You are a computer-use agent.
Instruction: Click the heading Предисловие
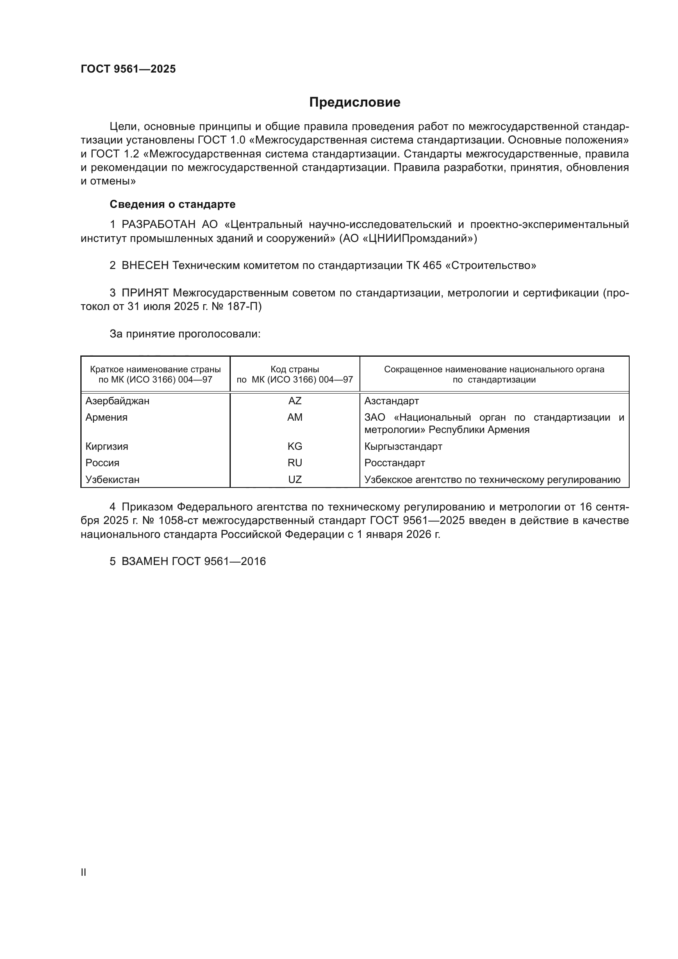click(x=355, y=103)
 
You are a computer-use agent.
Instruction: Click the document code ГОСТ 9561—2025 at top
click(x=128, y=69)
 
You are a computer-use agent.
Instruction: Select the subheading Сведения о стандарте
click(x=173, y=204)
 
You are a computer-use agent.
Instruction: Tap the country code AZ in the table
click(x=295, y=401)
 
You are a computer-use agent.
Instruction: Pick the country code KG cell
click(x=295, y=446)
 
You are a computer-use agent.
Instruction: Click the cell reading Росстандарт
click(x=394, y=463)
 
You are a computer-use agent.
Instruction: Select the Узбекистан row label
click(x=112, y=480)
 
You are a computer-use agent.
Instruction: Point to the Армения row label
click(x=107, y=417)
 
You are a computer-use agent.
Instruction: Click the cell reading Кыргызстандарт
click(x=403, y=446)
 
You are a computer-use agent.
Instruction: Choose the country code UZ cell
click(x=295, y=480)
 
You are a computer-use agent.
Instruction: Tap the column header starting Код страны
click(x=295, y=374)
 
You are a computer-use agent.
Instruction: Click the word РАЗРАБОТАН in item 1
click(x=159, y=225)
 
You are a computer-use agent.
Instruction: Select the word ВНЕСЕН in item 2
click(x=145, y=266)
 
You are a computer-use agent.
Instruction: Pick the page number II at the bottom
click(x=84, y=872)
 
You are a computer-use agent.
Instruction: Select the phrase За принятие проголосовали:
click(x=185, y=334)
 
